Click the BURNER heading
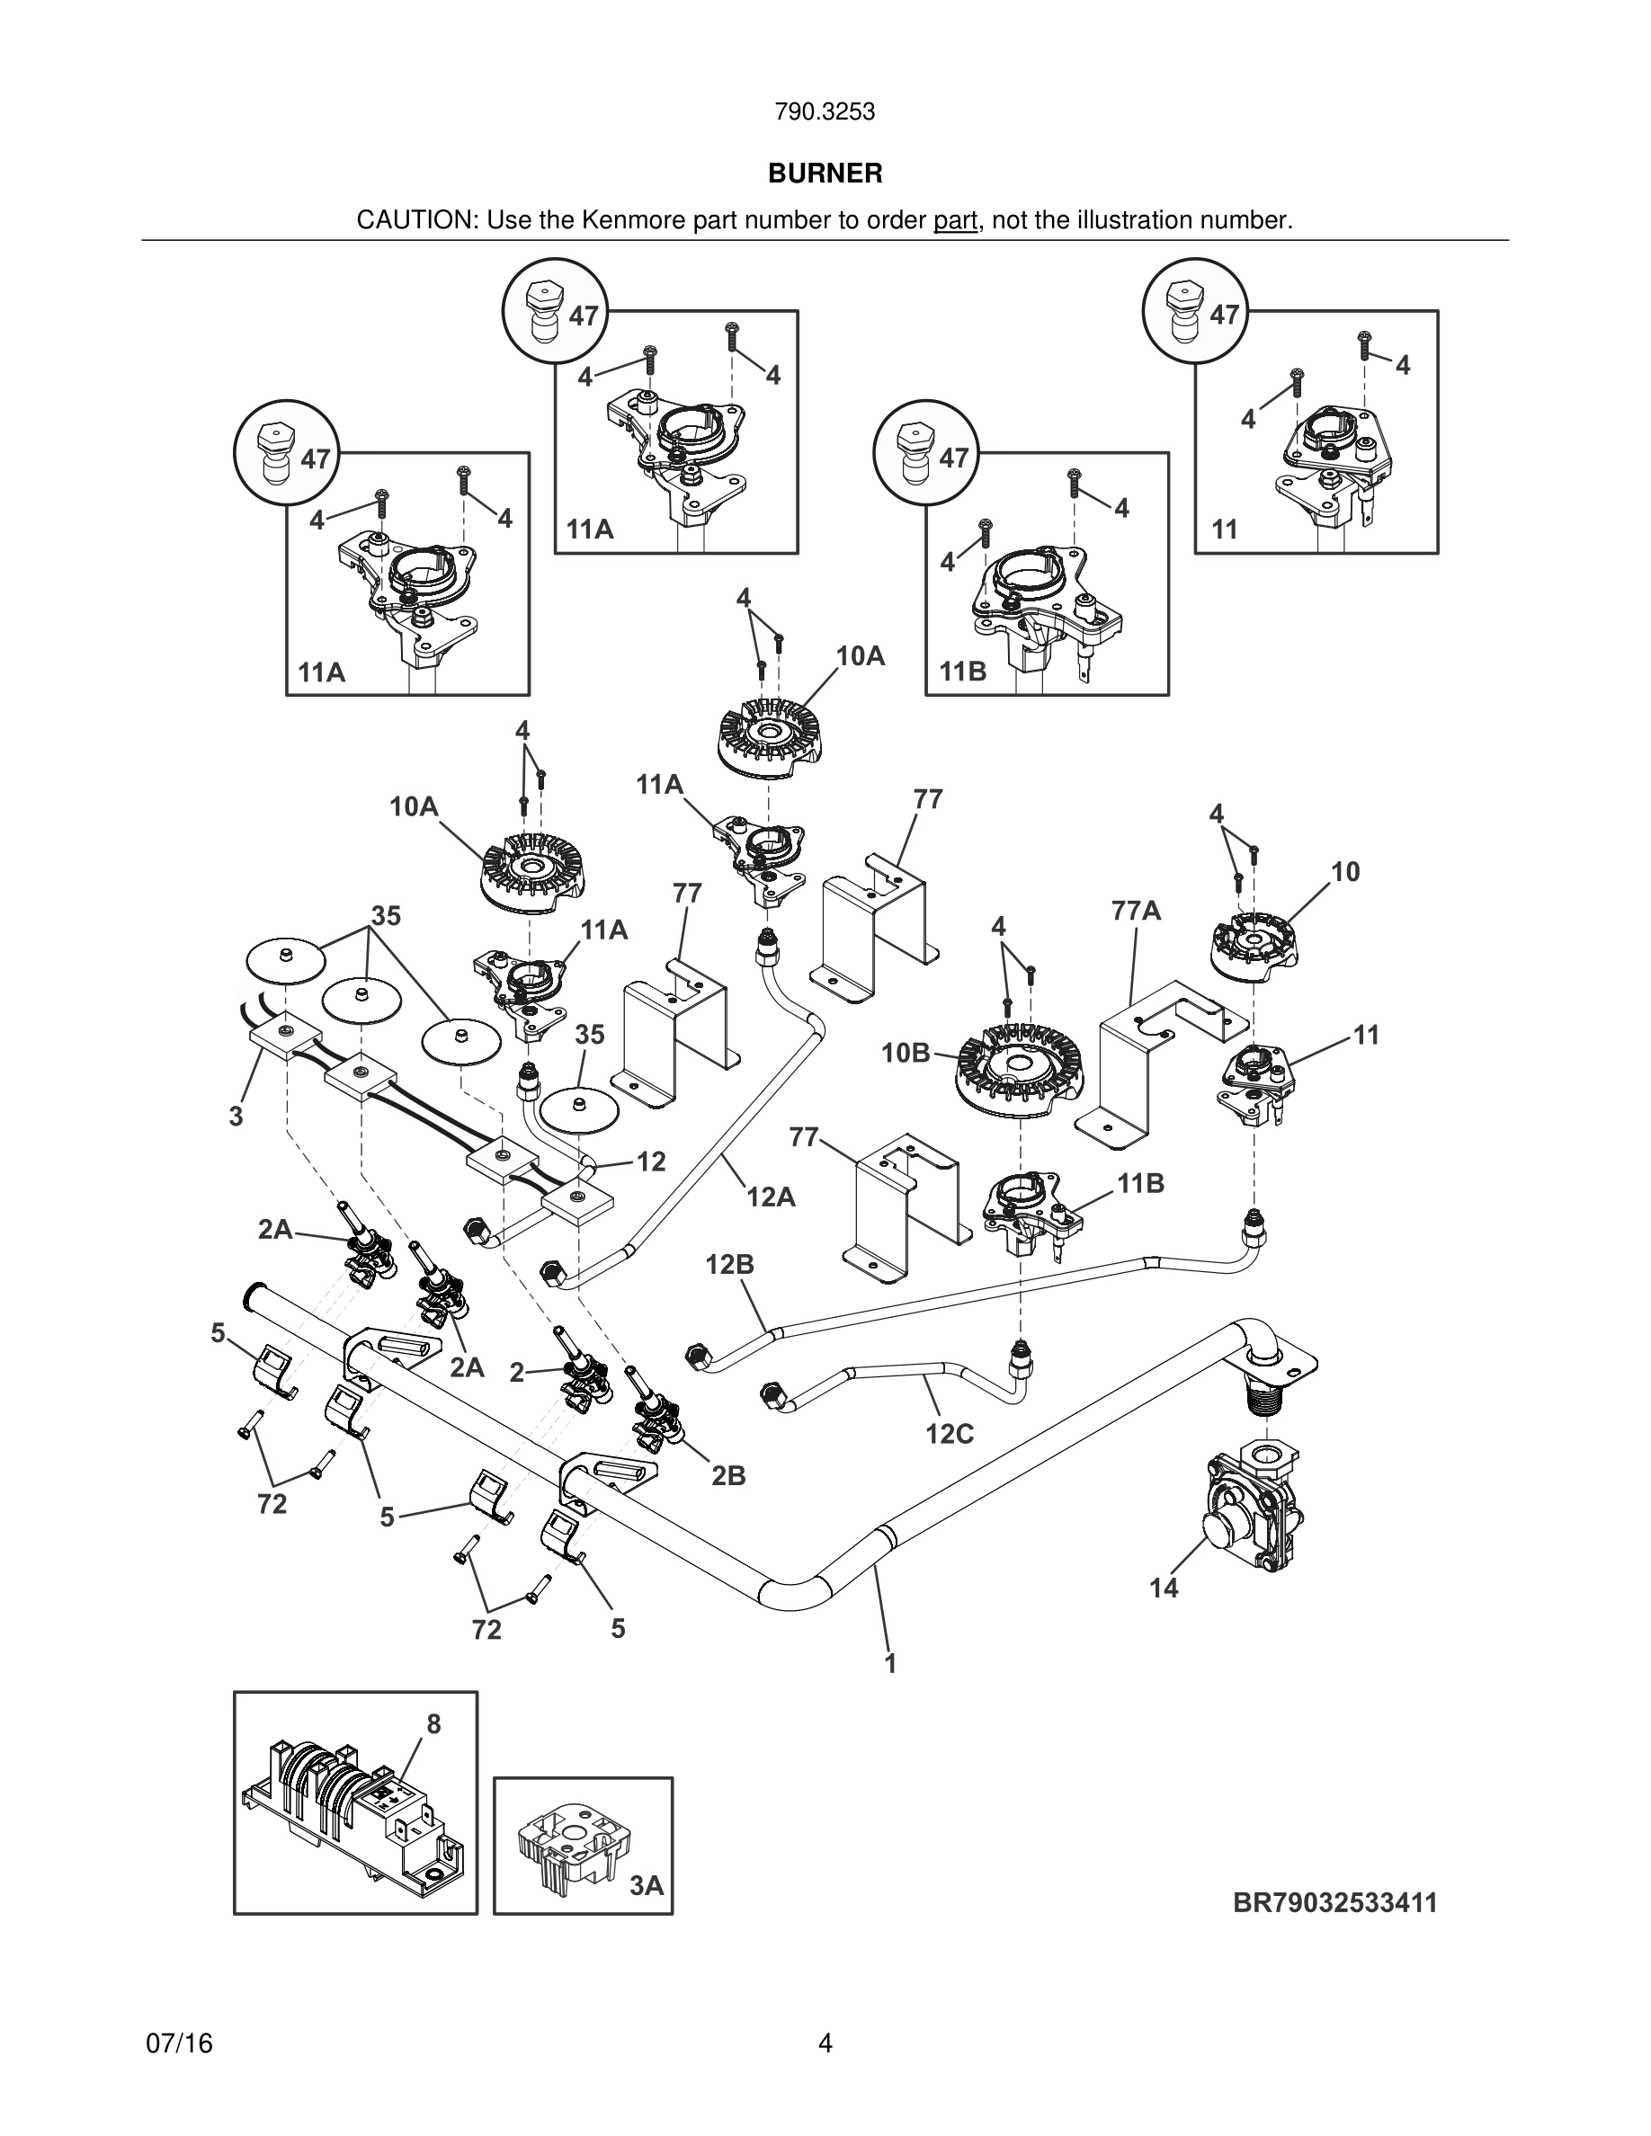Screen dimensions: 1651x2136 825,174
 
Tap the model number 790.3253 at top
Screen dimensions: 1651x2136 825,112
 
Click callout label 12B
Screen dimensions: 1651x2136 729,1265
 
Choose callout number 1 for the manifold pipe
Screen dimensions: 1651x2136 890,1662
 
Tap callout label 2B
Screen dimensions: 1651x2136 728,1475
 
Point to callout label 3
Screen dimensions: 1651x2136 236,1117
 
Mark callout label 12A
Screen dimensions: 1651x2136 772,1195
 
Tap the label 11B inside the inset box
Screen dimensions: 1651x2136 963,672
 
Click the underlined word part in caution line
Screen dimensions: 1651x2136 956,222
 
